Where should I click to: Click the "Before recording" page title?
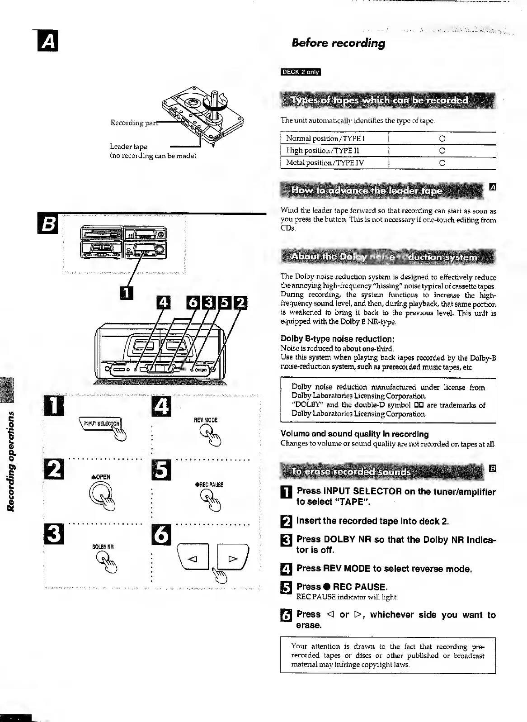338,43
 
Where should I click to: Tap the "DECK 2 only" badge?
301,72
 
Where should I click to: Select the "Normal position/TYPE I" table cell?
334,138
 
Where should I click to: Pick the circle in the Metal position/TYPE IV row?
442,163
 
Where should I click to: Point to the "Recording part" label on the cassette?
134,123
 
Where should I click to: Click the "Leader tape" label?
128,147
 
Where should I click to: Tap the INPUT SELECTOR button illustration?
100,424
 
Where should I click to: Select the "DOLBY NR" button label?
103,547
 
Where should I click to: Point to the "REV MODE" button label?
206,420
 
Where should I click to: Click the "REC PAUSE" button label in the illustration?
209,485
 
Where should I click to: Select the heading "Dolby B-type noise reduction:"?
338,339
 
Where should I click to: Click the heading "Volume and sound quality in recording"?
354,434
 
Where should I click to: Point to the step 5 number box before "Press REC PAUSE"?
287,588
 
